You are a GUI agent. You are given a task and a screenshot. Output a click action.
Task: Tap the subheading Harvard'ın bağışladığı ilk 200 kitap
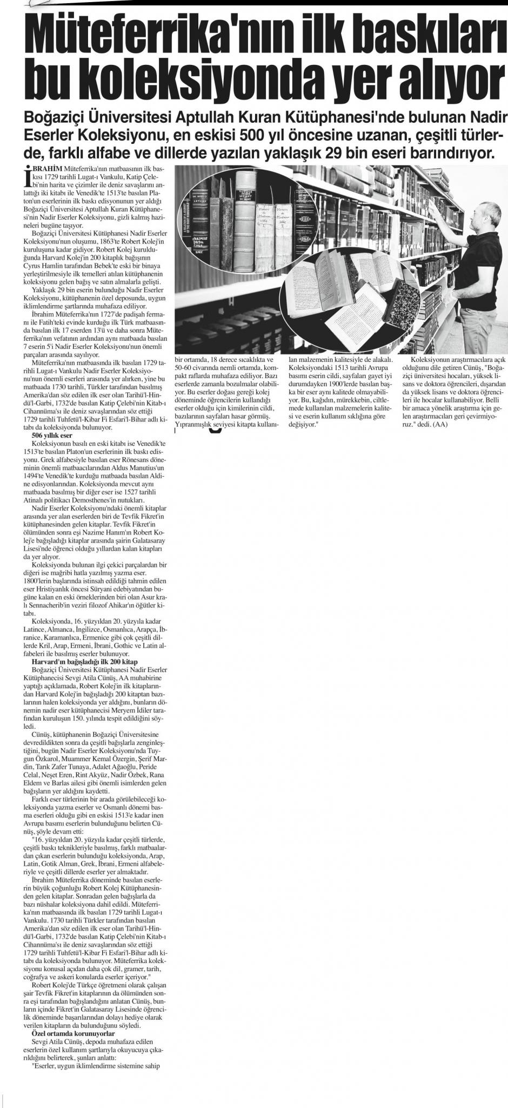(x=84, y=662)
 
